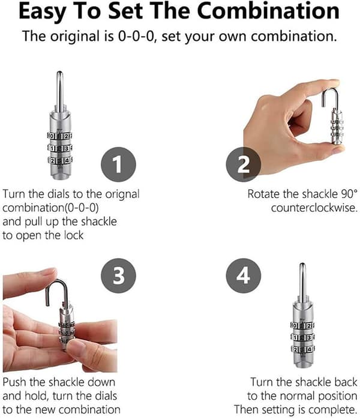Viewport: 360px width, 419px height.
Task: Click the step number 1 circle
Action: point(118,164)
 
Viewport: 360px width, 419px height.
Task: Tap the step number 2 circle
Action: point(243,164)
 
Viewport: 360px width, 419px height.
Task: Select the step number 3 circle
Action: point(118,276)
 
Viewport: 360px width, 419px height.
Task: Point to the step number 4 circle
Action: point(243,276)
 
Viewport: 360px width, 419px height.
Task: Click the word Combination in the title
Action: point(268,11)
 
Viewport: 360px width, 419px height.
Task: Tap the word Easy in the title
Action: point(43,12)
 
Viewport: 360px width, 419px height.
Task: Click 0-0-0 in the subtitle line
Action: point(136,36)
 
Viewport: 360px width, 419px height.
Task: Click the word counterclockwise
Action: point(314,208)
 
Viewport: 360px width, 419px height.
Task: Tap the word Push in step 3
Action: point(15,382)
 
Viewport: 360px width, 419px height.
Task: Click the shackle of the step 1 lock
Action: point(59,92)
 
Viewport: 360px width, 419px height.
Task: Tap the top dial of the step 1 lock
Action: point(60,136)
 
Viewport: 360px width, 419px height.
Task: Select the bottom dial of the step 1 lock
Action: point(60,161)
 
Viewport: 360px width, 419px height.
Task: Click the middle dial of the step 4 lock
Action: point(303,337)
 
